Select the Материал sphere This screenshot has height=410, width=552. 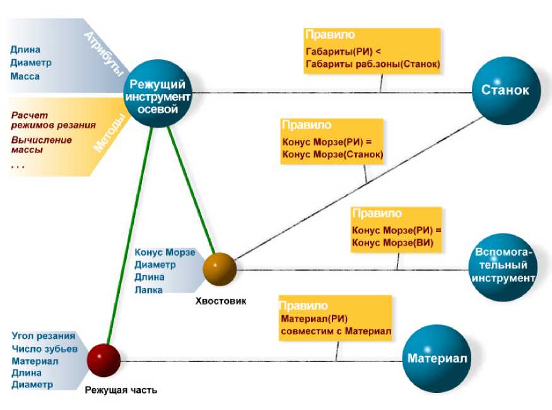(436, 358)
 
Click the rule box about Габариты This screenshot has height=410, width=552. (371, 50)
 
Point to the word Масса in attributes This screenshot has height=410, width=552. (25, 77)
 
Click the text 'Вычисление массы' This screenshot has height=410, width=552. (42, 145)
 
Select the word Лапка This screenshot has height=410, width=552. (148, 290)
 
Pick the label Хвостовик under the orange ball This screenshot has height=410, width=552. (221, 301)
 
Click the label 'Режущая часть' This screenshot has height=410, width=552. (120, 390)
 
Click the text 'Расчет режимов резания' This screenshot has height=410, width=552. (54, 120)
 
